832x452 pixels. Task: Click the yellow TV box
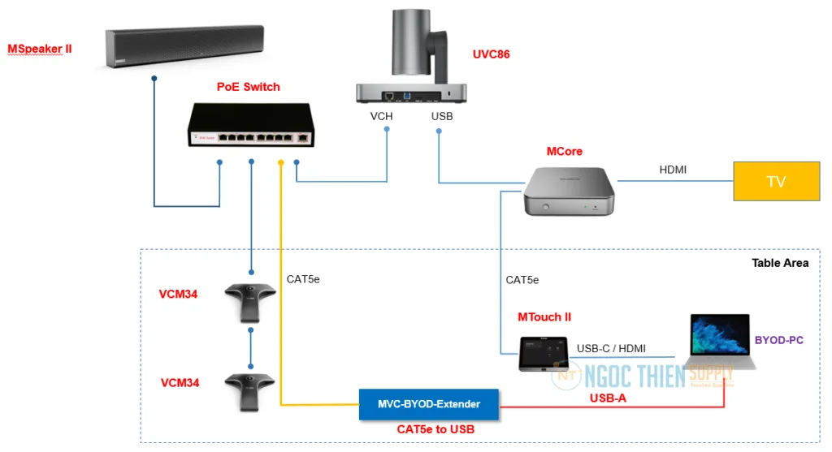(777, 181)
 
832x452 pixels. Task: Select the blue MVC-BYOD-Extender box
(430, 403)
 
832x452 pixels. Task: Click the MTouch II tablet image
(544, 353)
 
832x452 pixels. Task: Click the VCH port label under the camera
(381, 117)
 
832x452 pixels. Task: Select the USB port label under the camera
(442, 117)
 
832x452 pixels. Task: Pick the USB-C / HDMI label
(611, 348)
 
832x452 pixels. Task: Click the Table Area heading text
(781, 263)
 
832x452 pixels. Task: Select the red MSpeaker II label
(40, 49)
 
